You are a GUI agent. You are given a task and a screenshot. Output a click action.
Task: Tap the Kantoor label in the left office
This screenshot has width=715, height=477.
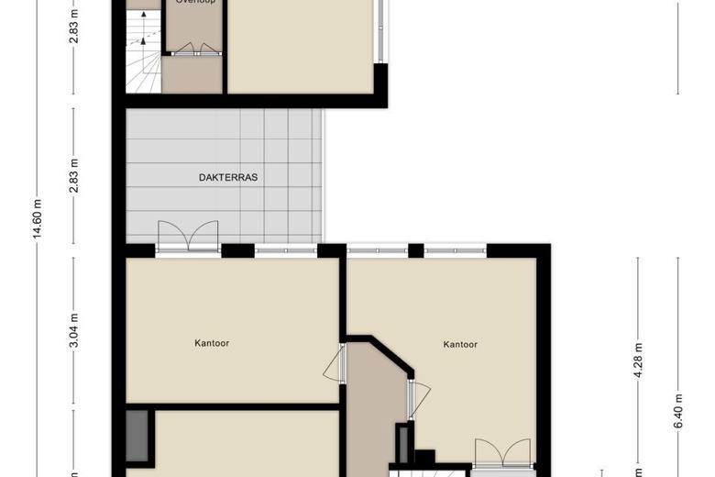(212, 344)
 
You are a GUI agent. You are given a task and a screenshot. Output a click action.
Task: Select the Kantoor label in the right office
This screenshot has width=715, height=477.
(460, 345)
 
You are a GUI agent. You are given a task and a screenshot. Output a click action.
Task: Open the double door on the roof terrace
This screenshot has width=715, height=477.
(188, 236)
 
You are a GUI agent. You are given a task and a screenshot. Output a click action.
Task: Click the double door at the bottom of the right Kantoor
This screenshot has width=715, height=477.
(501, 455)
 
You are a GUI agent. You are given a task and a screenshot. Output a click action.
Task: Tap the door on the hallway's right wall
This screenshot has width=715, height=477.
(418, 398)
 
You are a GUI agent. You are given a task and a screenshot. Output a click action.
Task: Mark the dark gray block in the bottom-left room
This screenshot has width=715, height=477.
(139, 436)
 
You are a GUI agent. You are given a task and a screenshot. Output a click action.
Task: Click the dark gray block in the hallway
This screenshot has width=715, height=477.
(401, 443)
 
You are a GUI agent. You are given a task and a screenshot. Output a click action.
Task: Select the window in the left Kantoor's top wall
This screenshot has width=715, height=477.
(285, 250)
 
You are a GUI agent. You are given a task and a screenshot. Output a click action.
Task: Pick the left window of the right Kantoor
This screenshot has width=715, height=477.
(377, 250)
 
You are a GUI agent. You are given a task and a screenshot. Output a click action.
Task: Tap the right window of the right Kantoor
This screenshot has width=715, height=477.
(455, 250)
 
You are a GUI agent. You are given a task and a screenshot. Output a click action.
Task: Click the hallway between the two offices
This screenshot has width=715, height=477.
(374, 404)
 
